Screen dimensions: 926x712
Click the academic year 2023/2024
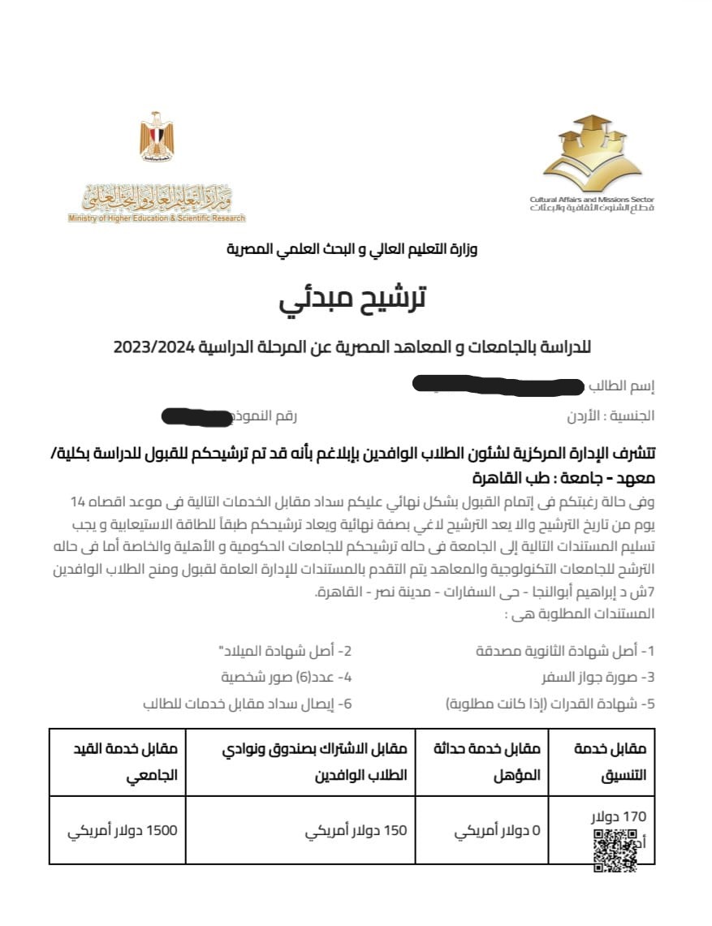coord(153,347)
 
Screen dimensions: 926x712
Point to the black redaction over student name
coord(497,385)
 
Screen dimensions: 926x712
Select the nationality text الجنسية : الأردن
coord(611,416)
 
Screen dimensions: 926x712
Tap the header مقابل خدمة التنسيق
coord(610,762)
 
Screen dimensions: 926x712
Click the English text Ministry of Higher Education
coord(156,218)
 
